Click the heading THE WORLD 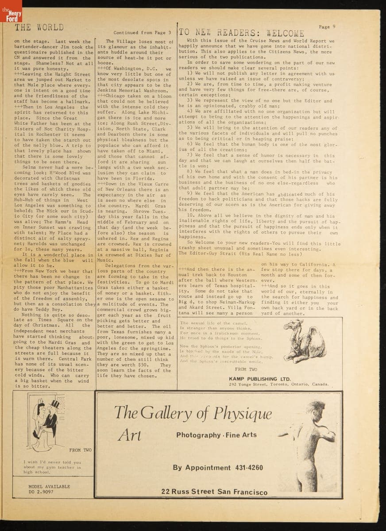[39, 27]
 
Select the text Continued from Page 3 [142, 33]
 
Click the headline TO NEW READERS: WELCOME [242, 33]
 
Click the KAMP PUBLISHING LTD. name [260, 379]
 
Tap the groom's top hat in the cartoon [55, 404]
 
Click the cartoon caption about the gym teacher [52, 466]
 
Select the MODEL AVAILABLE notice [49, 486]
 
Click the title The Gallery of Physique [193, 413]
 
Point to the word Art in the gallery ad [129, 435]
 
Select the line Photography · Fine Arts [213, 435]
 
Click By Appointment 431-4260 [217, 468]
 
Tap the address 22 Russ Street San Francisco [214, 492]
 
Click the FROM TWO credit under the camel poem [246, 369]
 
